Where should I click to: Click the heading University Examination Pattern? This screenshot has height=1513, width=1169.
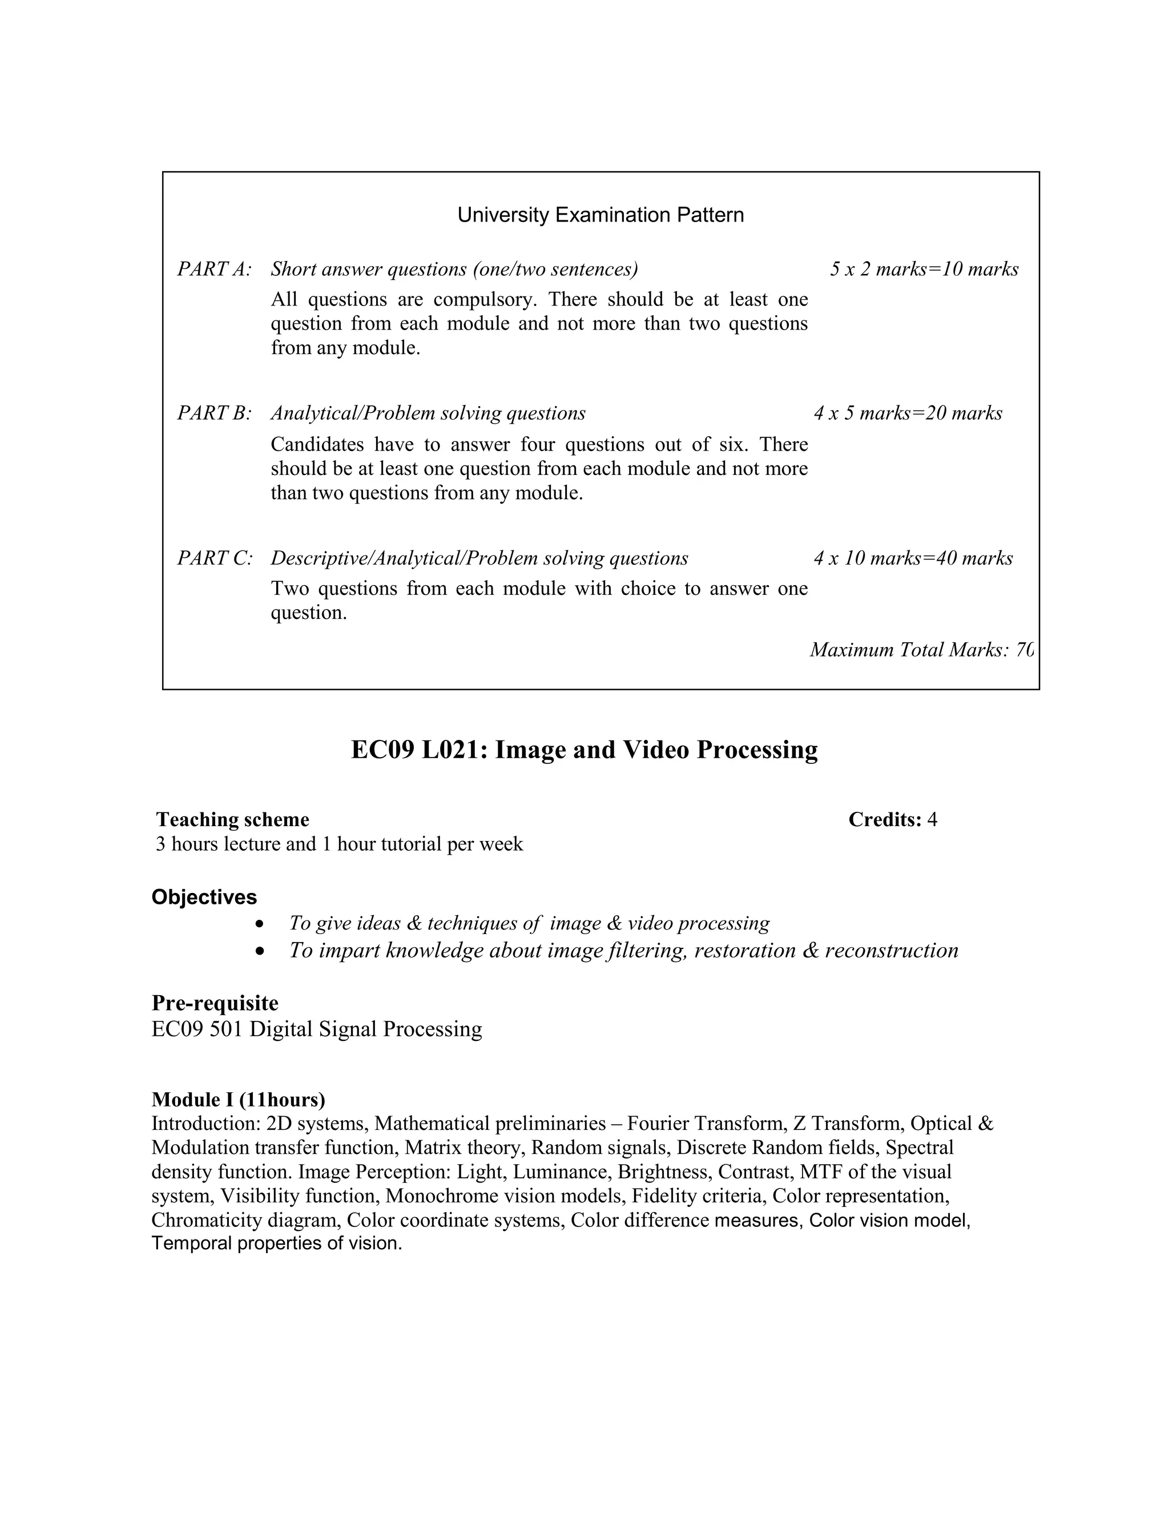(x=600, y=215)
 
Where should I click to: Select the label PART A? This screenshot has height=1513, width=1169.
(x=214, y=269)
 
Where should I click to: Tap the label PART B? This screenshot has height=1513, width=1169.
(x=214, y=413)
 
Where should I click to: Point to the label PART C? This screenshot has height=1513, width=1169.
(x=215, y=558)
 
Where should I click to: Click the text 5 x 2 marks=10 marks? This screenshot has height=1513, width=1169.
(x=924, y=269)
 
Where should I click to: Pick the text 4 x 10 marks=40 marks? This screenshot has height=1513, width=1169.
(x=913, y=558)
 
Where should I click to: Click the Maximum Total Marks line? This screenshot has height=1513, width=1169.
(x=921, y=650)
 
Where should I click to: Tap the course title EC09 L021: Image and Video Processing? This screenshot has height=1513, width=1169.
(x=584, y=750)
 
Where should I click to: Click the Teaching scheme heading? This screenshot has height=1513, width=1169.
(x=233, y=819)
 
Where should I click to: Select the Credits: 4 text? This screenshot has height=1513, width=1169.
(x=892, y=819)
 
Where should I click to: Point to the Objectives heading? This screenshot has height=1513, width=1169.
(x=204, y=897)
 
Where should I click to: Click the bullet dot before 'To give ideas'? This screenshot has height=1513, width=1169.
(x=260, y=925)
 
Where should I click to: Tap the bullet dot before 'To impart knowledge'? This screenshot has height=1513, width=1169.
(x=260, y=952)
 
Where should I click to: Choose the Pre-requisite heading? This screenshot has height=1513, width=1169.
(x=215, y=1003)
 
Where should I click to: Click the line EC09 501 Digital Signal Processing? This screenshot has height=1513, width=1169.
(x=316, y=1029)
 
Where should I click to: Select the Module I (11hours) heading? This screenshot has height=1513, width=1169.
(x=238, y=1100)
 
